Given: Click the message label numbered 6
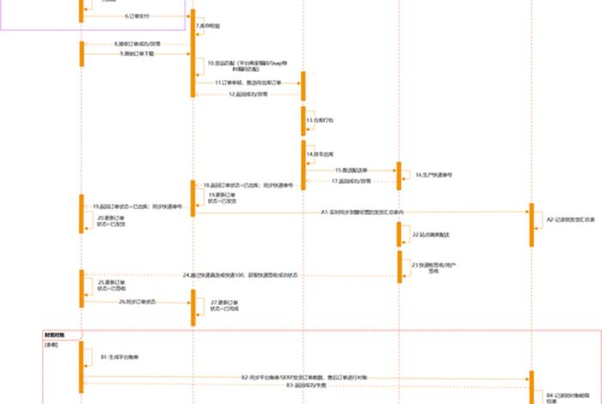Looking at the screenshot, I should pyautogui.click(x=137, y=15).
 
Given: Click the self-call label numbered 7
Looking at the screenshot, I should pyautogui.click(x=208, y=27).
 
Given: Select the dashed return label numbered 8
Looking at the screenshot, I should pyautogui.click(x=137, y=42).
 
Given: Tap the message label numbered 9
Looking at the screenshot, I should pyautogui.click(x=138, y=53).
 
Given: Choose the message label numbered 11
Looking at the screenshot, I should pyautogui.click(x=250, y=82).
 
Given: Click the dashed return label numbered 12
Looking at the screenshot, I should pyautogui.click(x=249, y=94).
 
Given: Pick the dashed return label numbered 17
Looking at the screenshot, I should pyautogui.click(x=352, y=181).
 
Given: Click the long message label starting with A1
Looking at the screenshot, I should pyautogui.click(x=362, y=211).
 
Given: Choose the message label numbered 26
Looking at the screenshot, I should pyautogui.click(x=138, y=302).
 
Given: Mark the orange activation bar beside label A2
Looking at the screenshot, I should pyautogui.click(x=531, y=219).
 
